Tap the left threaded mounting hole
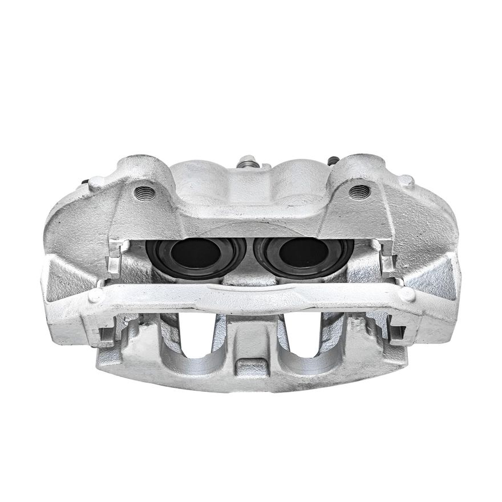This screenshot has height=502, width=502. (x=144, y=192)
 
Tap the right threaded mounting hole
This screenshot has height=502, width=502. (x=359, y=191)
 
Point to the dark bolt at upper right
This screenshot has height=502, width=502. (x=333, y=161)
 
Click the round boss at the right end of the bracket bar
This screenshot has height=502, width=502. (x=407, y=294)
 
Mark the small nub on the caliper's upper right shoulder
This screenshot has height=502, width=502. (x=406, y=180)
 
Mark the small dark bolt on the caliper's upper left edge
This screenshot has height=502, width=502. (x=86, y=183)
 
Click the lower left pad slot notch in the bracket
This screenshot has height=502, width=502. (x=107, y=335)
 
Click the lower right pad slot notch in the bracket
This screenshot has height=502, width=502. (x=396, y=334)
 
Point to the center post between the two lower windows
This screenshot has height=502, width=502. (x=249, y=337)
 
